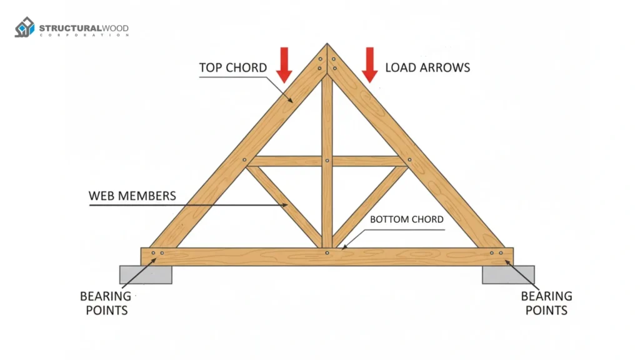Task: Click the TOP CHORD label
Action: (x=232, y=67)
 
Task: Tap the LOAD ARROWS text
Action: (x=427, y=67)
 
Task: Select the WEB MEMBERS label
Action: (x=132, y=196)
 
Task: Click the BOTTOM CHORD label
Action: (x=407, y=219)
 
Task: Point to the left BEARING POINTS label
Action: (x=105, y=303)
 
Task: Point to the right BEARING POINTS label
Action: (x=546, y=303)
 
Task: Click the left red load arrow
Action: (x=284, y=65)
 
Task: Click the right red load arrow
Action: (x=370, y=65)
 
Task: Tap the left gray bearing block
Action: (x=146, y=274)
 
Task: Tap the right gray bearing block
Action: (x=508, y=274)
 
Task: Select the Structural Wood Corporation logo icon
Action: (x=24, y=28)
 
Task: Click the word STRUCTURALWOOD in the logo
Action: (x=84, y=28)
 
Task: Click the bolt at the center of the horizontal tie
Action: (x=327, y=161)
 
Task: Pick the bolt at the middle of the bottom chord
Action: (x=327, y=253)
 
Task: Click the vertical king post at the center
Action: (x=327, y=200)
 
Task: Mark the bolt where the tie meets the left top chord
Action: (x=244, y=160)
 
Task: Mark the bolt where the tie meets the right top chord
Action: (x=409, y=160)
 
